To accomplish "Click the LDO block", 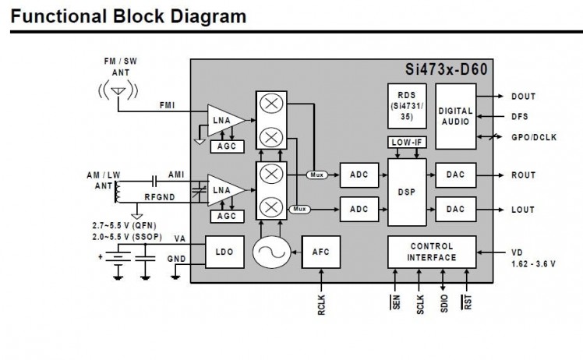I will click(224, 251).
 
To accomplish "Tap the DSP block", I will click(406, 192).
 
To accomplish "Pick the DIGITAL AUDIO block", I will click(455, 117).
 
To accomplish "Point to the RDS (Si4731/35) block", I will click(406, 105).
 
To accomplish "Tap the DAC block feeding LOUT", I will click(455, 209).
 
